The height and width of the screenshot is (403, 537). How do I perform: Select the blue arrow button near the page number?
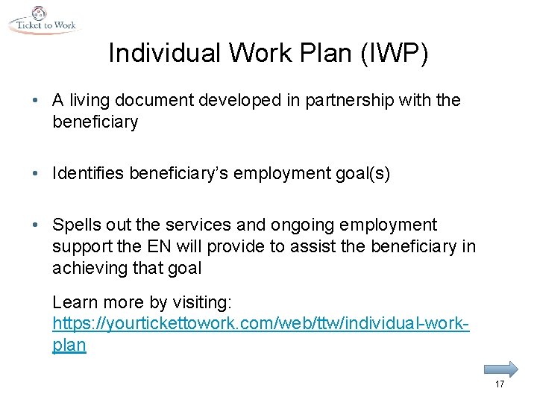point(500,368)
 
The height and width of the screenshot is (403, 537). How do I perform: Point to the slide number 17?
point(499,384)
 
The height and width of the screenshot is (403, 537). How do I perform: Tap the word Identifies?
point(89,174)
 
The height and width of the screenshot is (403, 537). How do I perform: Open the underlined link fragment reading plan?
point(69,346)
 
